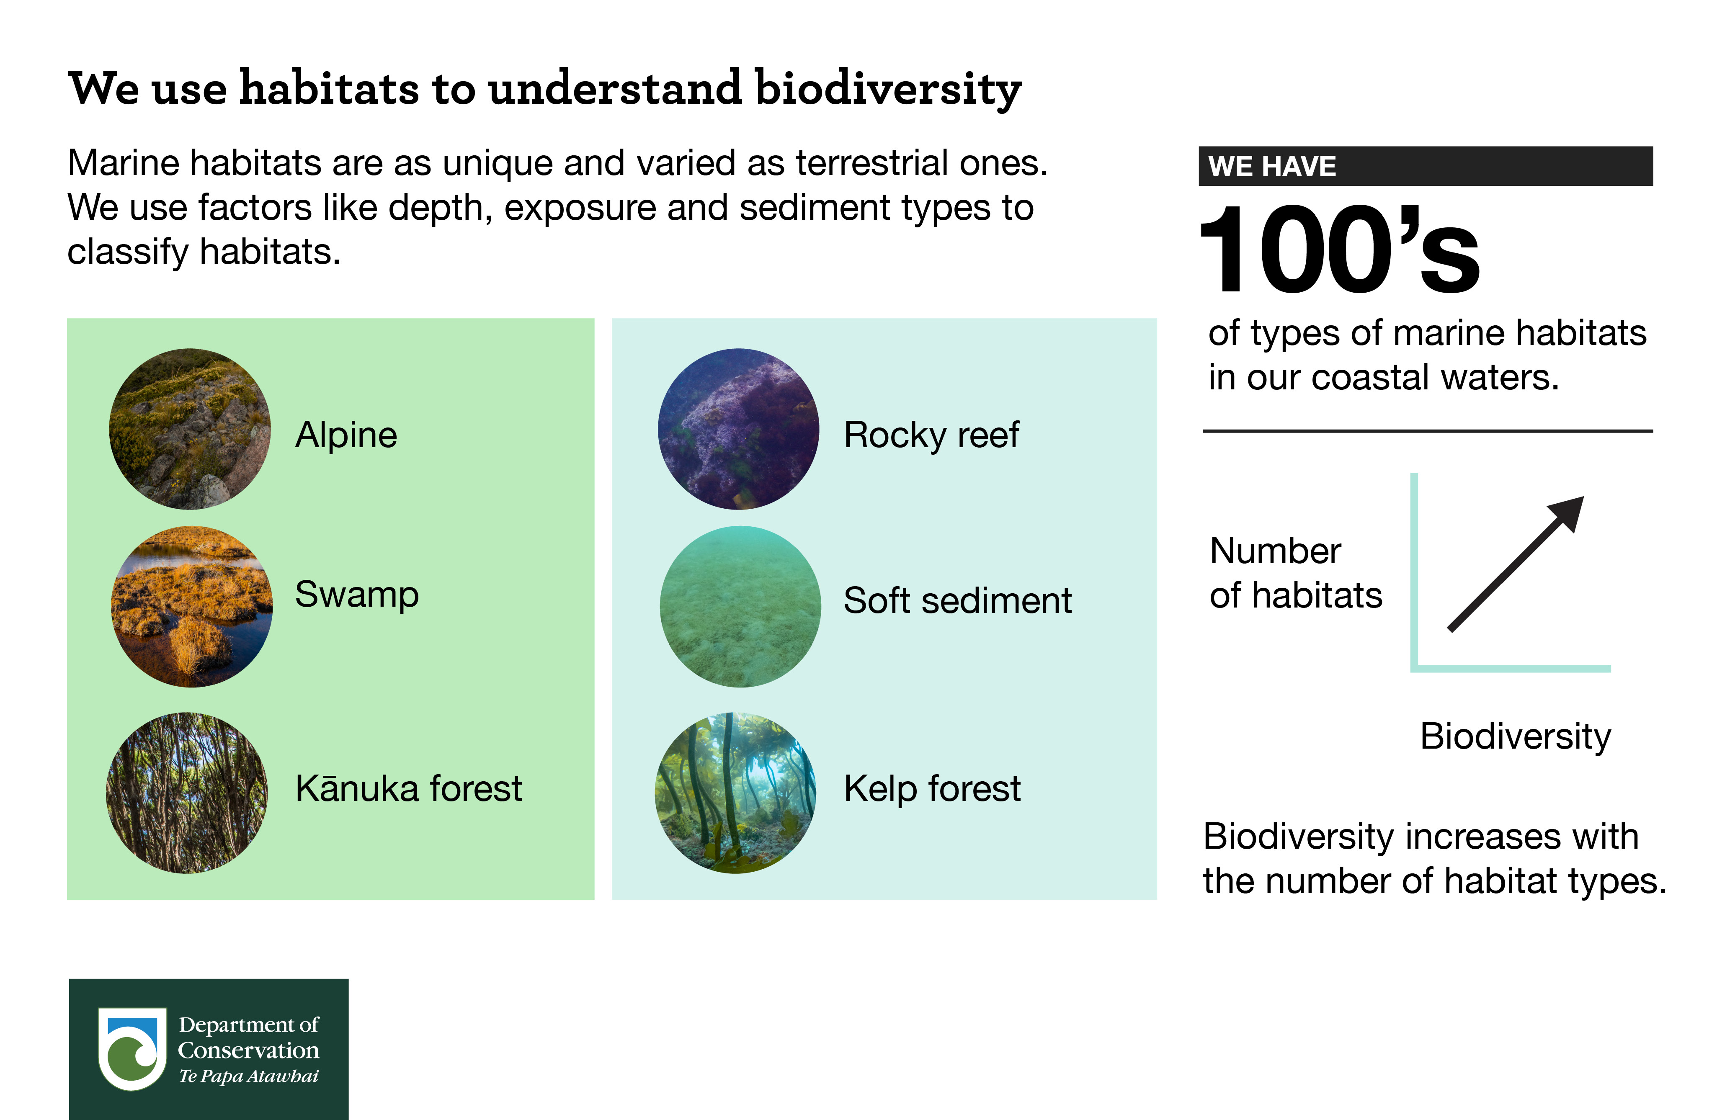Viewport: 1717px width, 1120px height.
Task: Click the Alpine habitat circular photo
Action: coord(190,429)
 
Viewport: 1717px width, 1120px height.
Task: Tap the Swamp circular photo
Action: coord(192,607)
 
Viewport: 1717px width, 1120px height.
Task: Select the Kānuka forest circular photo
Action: coord(187,793)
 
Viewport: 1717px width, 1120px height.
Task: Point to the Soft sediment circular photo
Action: coord(740,607)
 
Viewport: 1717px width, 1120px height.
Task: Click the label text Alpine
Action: coord(346,435)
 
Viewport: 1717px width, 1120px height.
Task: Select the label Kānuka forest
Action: coord(408,788)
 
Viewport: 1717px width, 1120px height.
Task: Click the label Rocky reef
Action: coord(931,435)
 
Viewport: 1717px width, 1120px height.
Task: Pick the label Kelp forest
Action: coord(932,788)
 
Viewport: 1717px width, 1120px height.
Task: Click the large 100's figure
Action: coord(1339,250)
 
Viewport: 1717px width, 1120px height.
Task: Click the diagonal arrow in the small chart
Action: coord(1515,564)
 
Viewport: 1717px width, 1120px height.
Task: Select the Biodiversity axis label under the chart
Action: coord(1515,736)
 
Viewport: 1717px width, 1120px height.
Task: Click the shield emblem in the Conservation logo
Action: coord(132,1048)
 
